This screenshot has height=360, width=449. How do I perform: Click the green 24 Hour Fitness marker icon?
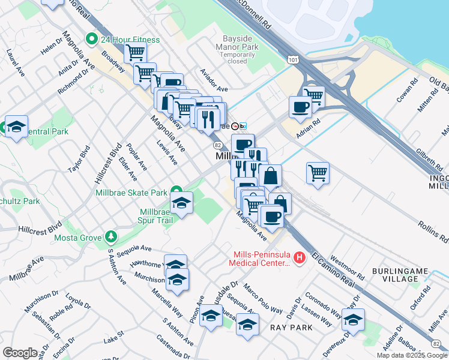92,40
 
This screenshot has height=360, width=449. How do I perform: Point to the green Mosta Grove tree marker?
110,236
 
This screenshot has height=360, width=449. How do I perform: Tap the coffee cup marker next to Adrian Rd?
300,107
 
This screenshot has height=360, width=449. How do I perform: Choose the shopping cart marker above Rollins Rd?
318,173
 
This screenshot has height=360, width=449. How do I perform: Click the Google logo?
20,352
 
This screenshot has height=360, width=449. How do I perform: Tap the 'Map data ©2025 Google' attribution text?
411,355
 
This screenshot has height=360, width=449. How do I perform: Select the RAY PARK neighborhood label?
291,328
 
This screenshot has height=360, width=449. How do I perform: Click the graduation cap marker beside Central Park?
17,127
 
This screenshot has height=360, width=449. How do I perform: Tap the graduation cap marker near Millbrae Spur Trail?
181,203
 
